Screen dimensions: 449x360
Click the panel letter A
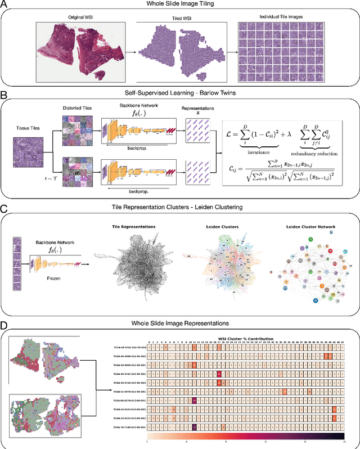point(4,5)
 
